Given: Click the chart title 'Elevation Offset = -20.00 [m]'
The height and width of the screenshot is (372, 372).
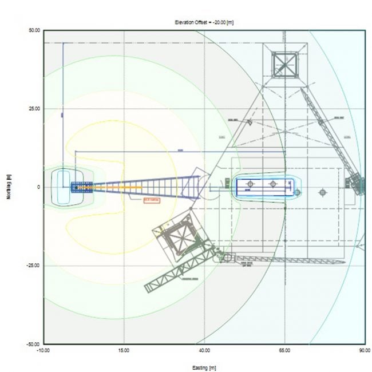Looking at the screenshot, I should [204, 21].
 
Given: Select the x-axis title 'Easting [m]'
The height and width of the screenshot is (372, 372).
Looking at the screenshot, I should [204, 367].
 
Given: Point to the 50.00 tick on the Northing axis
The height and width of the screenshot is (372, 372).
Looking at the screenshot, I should [34, 30].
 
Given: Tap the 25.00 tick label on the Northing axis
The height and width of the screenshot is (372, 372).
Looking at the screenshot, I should [34, 109].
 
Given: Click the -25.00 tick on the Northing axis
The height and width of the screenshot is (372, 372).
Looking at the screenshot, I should [34, 266].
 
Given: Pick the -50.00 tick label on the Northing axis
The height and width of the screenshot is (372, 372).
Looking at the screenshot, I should [34, 344].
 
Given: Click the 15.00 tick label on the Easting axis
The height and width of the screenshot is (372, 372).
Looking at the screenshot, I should [124, 350].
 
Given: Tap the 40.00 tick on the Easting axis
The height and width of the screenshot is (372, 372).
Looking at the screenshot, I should [204, 350].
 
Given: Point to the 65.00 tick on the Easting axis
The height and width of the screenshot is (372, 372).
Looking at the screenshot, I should [284, 350].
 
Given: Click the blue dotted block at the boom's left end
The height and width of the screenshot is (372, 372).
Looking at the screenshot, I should [80, 187].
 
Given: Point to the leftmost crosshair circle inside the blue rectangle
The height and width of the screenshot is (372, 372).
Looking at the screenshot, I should [250, 184].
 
